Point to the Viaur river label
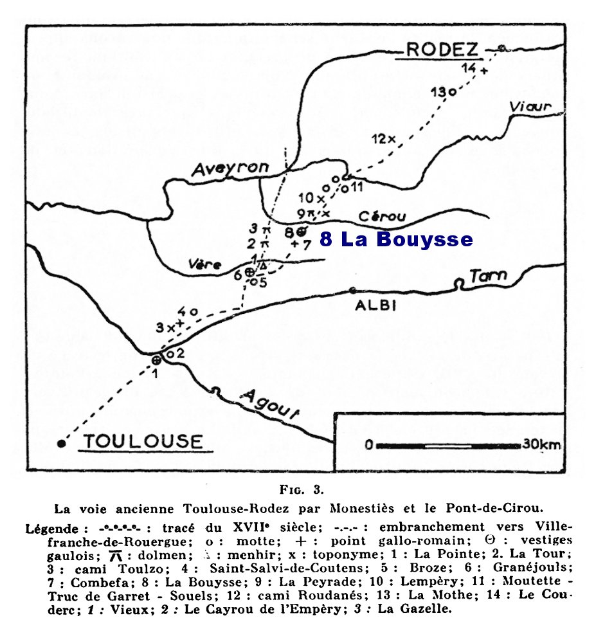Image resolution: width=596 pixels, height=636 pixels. (x=529, y=107)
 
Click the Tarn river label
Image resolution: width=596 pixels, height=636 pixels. (x=488, y=277)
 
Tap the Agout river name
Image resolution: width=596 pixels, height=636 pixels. (x=269, y=404)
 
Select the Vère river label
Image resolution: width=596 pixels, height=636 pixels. (x=206, y=264)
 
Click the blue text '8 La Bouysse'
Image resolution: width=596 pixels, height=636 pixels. (x=396, y=240)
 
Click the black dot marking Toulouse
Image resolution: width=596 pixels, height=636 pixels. (x=61, y=442)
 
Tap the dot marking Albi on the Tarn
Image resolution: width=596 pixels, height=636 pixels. (x=352, y=290)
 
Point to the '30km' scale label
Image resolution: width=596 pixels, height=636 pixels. (x=541, y=444)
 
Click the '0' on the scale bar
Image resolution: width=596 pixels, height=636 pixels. (x=368, y=444)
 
